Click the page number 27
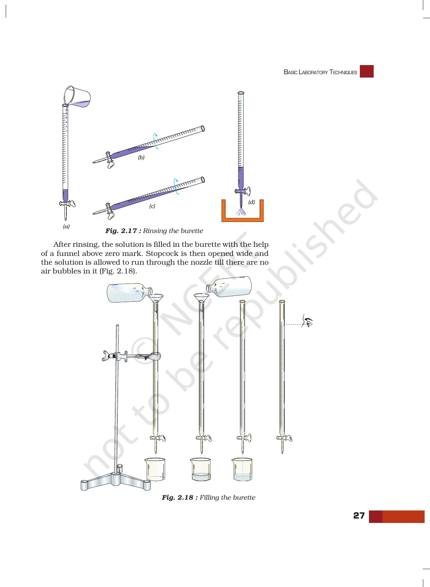click(x=359, y=516)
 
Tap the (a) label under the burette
click(x=66, y=227)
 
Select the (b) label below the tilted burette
click(x=141, y=157)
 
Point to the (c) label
click(x=152, y=206)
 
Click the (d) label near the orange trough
click(x=252, y=202)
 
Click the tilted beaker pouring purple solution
click(x=78, y=97)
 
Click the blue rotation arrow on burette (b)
click(x=155, y=141)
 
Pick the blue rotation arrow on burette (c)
click(x=176, y=186)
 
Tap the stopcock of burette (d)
click(x=243, y=191)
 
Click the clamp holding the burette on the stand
click(x=131, y=356)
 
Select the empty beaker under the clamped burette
click(x=155, y=469)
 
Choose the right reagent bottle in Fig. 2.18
click(x=229, y=287)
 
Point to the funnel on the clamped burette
click(x=156, y=299)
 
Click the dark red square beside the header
click(x=367, y=71)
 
